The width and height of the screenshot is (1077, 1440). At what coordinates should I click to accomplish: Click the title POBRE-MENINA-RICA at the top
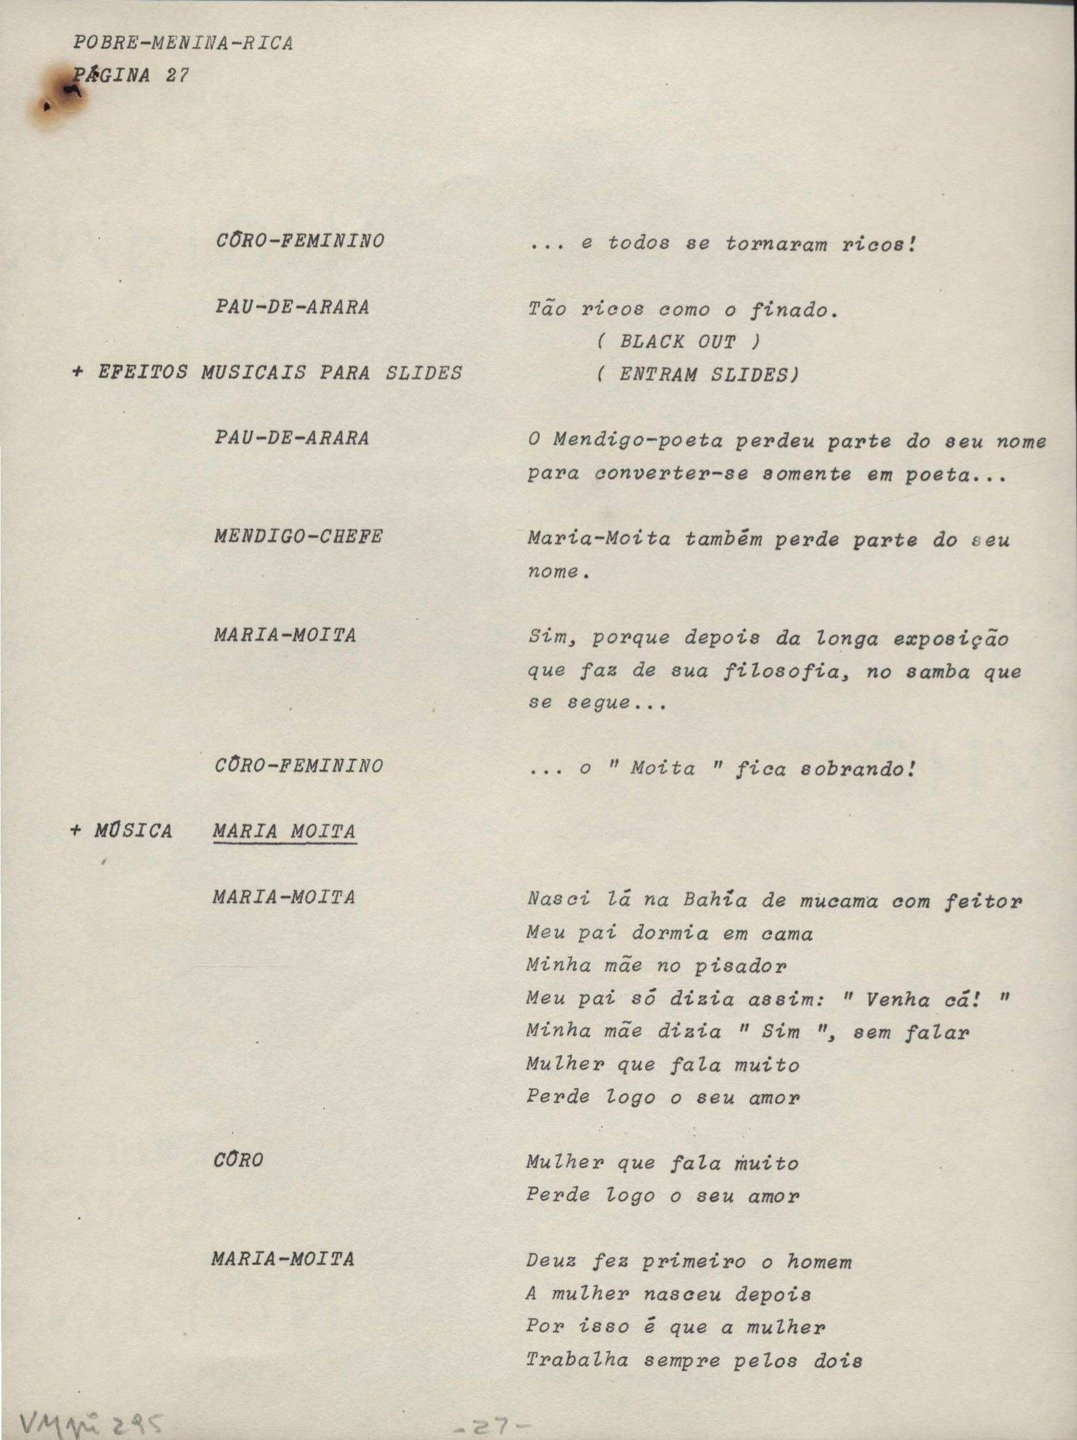[183, 44]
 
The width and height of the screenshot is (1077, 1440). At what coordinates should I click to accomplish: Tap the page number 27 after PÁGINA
[177, 76]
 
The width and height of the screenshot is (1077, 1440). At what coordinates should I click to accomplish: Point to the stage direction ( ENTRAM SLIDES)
[697, 375]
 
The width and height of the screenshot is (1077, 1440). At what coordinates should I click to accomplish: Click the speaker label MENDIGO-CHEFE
[298, 537]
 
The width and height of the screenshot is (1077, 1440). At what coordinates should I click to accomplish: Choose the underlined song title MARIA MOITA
[284, 832]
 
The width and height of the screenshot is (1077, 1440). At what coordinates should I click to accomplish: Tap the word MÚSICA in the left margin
[133, 831]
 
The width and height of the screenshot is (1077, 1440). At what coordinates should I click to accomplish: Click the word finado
[793, 310]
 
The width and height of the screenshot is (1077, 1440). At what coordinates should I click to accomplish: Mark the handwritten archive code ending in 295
[93, 1422]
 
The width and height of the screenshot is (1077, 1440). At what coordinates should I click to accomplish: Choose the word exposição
[951, 639]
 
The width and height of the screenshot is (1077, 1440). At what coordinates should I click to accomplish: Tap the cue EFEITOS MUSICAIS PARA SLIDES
[279, 374]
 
